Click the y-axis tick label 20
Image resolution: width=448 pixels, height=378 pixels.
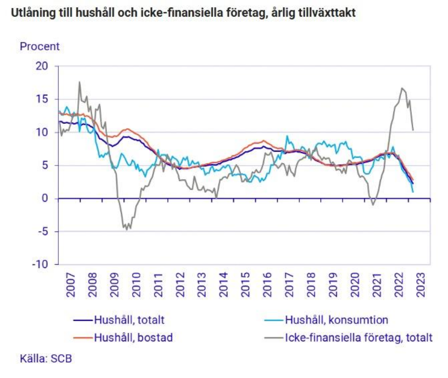click(42, 66)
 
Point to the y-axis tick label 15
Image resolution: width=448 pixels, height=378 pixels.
click(42, 99)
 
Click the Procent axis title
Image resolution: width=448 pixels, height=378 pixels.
click(39, 46)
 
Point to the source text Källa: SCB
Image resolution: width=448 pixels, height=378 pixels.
click(46, 359)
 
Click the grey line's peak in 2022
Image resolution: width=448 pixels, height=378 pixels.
click(402, 88)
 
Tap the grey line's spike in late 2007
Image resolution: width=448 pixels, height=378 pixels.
click(79, 82)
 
